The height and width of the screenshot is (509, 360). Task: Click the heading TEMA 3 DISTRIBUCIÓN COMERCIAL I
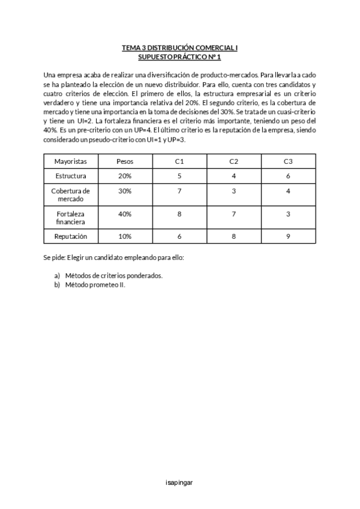point(180,47)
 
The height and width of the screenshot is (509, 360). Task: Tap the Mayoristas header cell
point(71,162)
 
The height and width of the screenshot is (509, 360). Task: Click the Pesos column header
point(125,162)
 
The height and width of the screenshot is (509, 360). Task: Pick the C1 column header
point(179,162)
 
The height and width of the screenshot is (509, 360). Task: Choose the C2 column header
point(234,162)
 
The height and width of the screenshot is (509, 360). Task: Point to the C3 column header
point(289,162)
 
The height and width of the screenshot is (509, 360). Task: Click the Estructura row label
point(71,176)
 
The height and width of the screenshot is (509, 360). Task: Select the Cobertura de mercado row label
point(71,195)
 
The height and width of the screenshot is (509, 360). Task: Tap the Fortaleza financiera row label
point(71,217)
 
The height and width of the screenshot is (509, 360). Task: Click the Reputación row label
point(71,236)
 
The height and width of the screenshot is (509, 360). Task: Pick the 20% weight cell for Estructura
point(125,176)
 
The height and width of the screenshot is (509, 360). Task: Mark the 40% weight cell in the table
point(125,214)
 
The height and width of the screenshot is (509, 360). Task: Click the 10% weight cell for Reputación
point(125,236)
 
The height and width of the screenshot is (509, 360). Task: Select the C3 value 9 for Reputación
point(289,236)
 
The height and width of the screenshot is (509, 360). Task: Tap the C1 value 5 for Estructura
point(179,176)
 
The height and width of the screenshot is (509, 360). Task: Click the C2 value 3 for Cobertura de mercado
point(234,191)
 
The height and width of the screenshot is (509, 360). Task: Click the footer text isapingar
point(179,482)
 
